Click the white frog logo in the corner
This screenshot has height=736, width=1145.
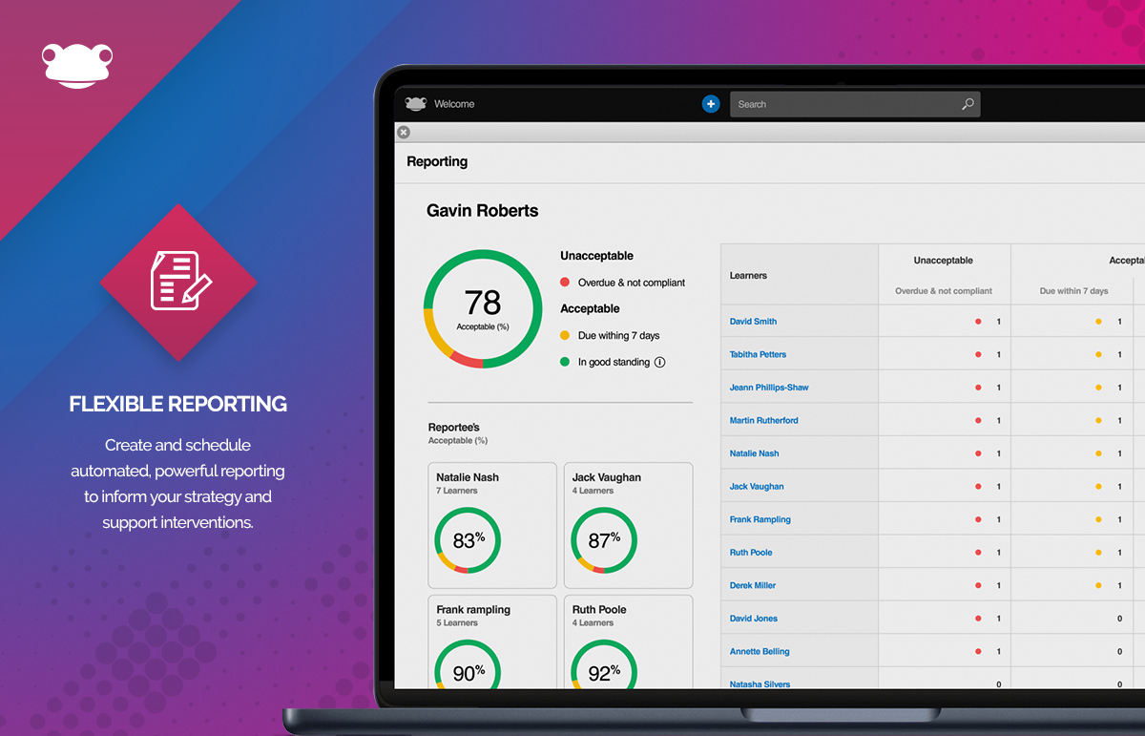78,66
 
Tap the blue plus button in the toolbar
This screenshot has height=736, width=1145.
711,104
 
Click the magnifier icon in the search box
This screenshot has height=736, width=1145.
968,104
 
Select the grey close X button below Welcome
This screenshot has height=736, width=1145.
404,132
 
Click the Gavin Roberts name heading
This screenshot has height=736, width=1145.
482,210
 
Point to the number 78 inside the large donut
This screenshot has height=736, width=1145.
483,304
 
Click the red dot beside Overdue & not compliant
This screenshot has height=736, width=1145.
565,283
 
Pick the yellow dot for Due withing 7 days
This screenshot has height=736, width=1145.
565,335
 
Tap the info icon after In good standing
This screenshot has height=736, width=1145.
659,362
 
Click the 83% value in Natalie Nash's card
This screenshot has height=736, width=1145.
468,540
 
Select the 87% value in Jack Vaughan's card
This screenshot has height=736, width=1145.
604,540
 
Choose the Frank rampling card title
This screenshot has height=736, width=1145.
473,609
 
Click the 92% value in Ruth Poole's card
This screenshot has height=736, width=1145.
604,673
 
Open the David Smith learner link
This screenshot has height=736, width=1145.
753,322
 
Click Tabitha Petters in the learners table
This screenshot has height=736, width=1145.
758,354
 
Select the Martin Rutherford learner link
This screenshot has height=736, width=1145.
763,420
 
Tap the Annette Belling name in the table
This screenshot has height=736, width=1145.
760,651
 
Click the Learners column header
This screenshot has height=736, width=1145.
748,276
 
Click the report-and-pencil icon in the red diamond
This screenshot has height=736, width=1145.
178,282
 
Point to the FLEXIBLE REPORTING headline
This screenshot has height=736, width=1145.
178,404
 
